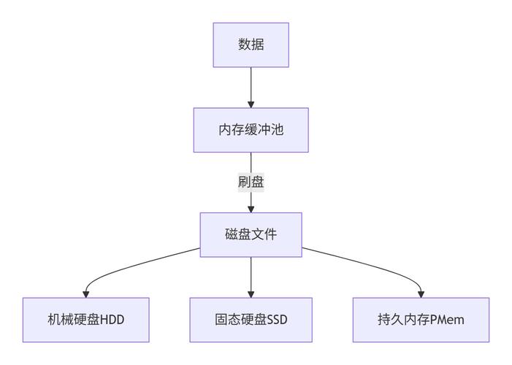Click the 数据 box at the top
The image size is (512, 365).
pos(251,45)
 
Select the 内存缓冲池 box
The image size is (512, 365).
pos(251,130)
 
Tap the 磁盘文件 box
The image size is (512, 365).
pos(251,234)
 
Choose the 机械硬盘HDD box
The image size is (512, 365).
pos(85,320)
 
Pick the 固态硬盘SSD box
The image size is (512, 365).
pos(251,320)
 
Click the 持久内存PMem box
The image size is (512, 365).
pos(421,320)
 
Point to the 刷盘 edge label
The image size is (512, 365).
pos(251,182)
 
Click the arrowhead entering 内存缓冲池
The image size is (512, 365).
pos(251,104)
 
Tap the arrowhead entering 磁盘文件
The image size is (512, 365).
pos(251,208)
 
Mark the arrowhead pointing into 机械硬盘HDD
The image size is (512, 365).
pos(85,293)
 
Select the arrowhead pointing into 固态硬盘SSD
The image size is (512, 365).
pos(251,293)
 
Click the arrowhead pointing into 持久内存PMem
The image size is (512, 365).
pos(421,293)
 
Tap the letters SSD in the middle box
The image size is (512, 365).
pos(279,320)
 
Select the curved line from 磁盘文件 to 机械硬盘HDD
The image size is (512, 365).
pos(131,264)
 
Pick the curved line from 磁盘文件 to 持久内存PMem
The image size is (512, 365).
pos(372,264)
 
